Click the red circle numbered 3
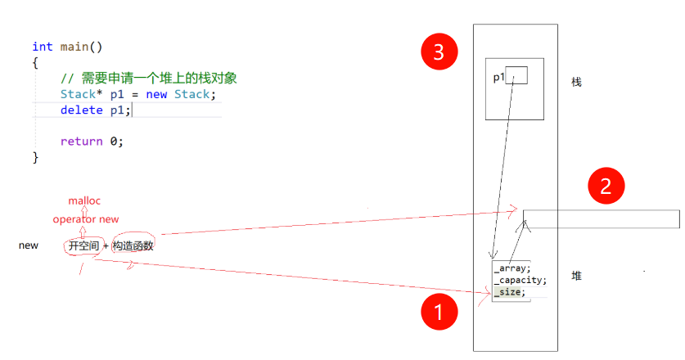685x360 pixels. click(439, 52)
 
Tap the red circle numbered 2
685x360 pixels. click(606, 186)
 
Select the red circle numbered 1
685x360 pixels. click(438, 312)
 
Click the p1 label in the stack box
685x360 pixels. click(498, 78)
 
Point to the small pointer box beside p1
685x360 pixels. click(517, 75)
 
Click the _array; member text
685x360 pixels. click(511, 267)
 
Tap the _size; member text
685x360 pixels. click(509, 291)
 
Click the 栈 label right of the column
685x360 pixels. click(576, 82)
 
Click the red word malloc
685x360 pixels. click(84, 200)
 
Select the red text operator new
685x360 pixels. click(86, 219)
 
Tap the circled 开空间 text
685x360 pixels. click(83, 245)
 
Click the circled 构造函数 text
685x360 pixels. click(133, 245)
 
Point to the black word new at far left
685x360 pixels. click(28, 245)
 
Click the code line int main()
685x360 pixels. click(67, 47)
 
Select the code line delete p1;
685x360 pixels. click(95, 110)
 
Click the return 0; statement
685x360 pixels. click(92, 141)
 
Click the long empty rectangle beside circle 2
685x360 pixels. click(602, 219)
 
